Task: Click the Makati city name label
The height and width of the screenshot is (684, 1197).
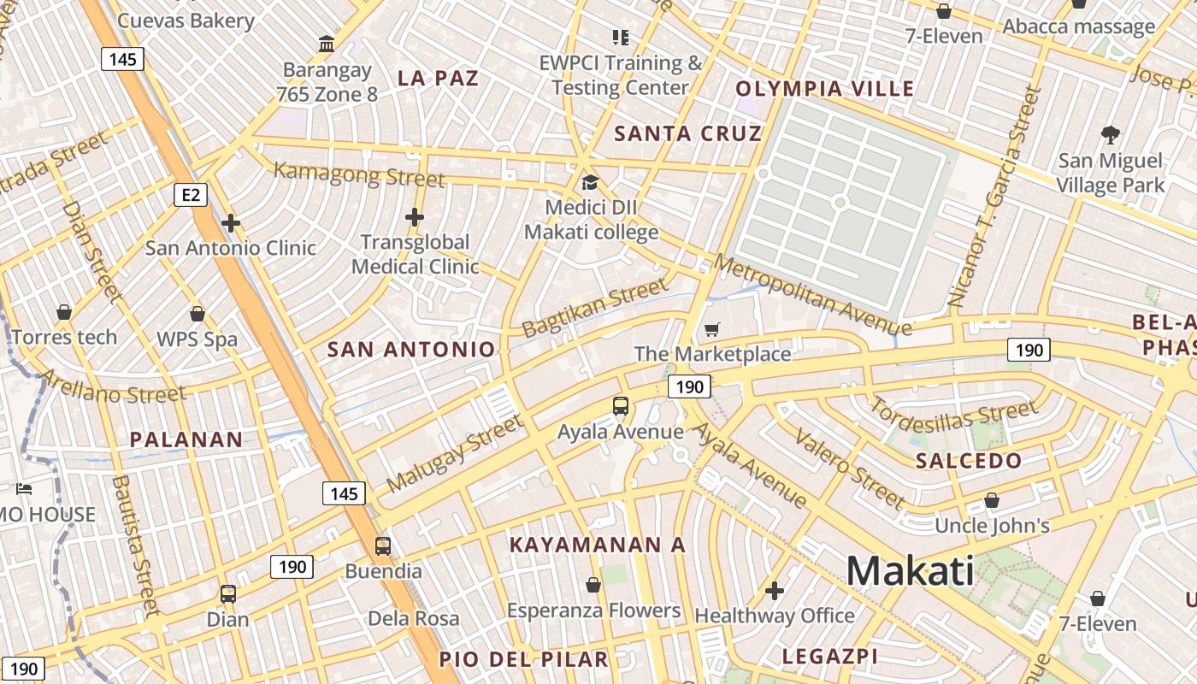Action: click(910, 570)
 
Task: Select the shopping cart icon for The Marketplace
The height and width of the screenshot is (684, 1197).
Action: click(712, 329)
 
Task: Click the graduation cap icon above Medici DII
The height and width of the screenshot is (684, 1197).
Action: click(590, 182)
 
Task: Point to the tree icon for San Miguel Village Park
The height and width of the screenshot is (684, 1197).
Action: click(1110, 134)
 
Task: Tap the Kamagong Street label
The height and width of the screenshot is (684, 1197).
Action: click(359, 175)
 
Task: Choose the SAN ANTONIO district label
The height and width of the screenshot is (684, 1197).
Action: click(411, 349)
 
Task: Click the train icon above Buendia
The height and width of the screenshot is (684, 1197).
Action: click(383, 545)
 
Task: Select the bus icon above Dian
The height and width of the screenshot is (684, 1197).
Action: click(227, 593)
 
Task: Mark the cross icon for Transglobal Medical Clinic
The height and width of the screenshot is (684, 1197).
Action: click(415, 217)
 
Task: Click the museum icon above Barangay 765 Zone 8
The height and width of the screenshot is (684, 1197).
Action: click(326, 43)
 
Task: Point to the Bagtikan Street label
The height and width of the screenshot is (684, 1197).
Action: click(595, 307)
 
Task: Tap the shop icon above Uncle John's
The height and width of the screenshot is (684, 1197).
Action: click(992, 500)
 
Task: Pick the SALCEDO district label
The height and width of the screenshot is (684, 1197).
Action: click(969, 461)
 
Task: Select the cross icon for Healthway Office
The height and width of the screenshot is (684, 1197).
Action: click(775, 590)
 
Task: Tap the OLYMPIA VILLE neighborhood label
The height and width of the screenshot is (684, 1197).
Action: click(824, 88)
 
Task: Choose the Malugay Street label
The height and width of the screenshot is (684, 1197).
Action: click(454, 453)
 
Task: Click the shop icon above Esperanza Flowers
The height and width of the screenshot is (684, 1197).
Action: click(593, 585)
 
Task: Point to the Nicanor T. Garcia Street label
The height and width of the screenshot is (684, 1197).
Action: click(996, 197)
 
